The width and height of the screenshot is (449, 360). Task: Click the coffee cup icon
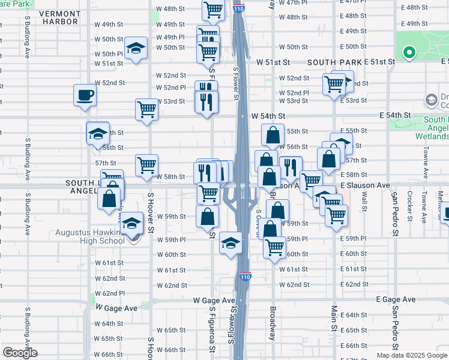[x=85, y=94]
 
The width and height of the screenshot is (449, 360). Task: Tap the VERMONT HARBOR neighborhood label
[x=60, y=17]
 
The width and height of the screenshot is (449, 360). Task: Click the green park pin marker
[x=409, y=53]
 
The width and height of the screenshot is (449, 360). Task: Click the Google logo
[x=20, y=353]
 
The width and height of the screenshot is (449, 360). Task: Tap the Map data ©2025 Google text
[x=412, y=355]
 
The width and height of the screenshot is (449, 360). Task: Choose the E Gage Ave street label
[x=396, y=299]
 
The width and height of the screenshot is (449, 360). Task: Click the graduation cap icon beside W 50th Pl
[x=136, y=47]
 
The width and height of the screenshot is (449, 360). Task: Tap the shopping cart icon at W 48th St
[x=214, y=10]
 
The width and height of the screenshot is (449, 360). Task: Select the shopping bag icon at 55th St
[x=273, y=134]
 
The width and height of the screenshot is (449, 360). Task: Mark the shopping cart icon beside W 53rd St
[x=146, y=109]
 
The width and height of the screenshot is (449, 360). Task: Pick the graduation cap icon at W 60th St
[x=230, y=242]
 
